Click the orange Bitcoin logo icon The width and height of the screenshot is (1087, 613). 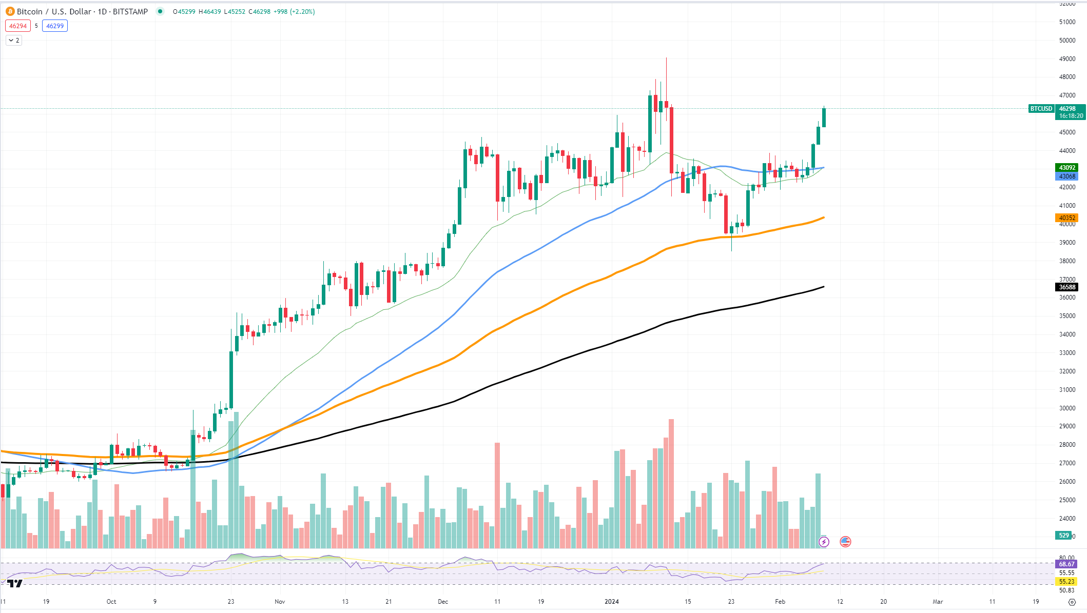click(10, 11)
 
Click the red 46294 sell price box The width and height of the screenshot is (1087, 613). click(18, 26)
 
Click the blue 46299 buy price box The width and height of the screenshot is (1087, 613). click(55, 26)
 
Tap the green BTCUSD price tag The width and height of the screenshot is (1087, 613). click(1041, 109)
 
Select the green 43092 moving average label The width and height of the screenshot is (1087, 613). click(1067, 168)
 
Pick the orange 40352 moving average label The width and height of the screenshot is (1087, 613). click(1067, 218)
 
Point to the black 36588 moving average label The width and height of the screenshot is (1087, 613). click(1067, 287)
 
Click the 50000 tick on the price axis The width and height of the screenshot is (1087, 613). click(1067, 41)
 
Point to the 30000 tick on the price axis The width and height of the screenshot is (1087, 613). click(1067, 408)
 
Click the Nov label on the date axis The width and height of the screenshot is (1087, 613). click(280, 601)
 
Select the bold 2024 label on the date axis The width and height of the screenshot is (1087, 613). click(612, 601)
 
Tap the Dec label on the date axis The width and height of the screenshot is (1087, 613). click(443, 601)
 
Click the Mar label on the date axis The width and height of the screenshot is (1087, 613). click(938, 601)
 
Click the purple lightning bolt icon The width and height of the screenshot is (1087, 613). click(824, 542)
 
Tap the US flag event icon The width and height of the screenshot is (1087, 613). click(845, 542)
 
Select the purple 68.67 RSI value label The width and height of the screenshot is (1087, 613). click(1066, 564)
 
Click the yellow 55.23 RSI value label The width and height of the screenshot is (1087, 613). click(1066, 582)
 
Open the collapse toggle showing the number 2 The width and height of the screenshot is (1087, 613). click(14, 40)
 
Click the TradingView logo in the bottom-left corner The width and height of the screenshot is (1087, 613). click(15, 583)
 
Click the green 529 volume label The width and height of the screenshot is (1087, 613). click(1064, 536)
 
